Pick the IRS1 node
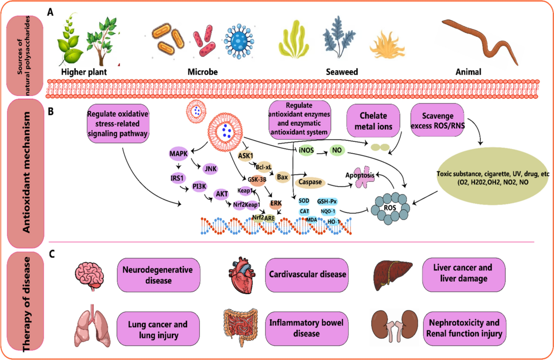point(177,177)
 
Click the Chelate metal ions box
point(373,121)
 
